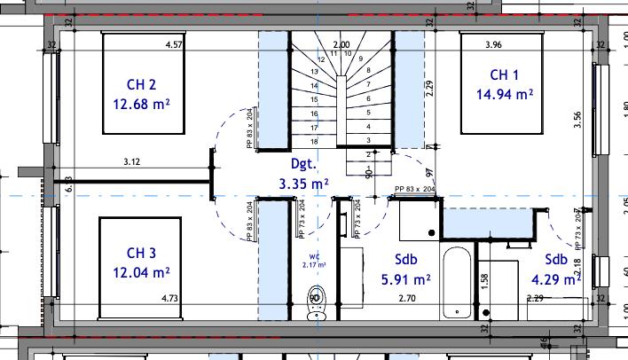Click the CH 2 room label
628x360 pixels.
[141, 85]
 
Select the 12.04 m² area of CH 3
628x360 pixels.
[141, 271]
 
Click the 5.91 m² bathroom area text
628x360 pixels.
[405, 279]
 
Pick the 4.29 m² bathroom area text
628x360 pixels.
[556, 278]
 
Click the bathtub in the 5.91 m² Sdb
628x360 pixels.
[459, 283]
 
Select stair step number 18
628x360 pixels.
[314, 141]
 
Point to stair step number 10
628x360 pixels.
[348, 53]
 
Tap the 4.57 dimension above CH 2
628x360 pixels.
[175, 43]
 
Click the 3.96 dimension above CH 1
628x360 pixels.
[495, 43]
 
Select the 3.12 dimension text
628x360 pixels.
[133, 161]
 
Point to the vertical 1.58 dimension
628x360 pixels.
[483, 280]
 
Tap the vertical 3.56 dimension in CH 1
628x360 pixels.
[577, 120]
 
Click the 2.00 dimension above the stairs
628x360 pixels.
[341, 43]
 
